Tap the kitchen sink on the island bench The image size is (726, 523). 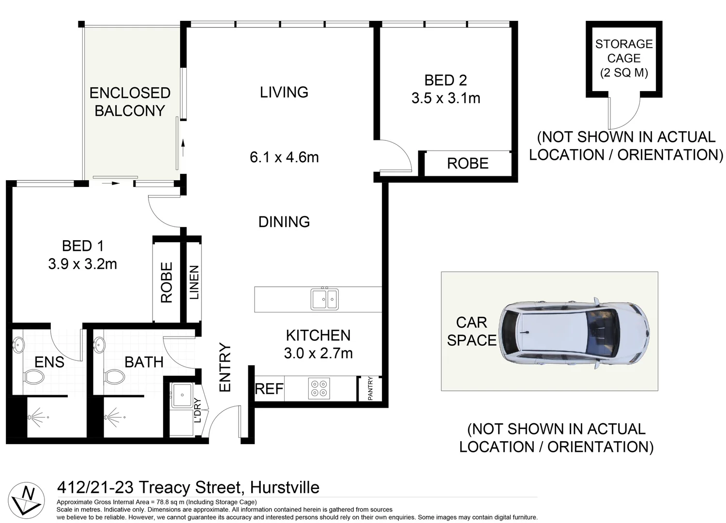[325, 299]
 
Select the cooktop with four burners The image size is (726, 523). [319, 388]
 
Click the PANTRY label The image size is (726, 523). [370, 388]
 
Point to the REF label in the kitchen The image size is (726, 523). [269, 389]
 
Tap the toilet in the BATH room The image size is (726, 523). [114, 376]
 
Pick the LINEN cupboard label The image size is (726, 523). [194, 282]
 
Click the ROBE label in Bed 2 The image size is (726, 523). [468, 164]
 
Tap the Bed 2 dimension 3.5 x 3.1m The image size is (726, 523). [446, 98]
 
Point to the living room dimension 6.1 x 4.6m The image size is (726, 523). [284, 157]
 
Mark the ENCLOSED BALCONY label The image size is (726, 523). [130, 102]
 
